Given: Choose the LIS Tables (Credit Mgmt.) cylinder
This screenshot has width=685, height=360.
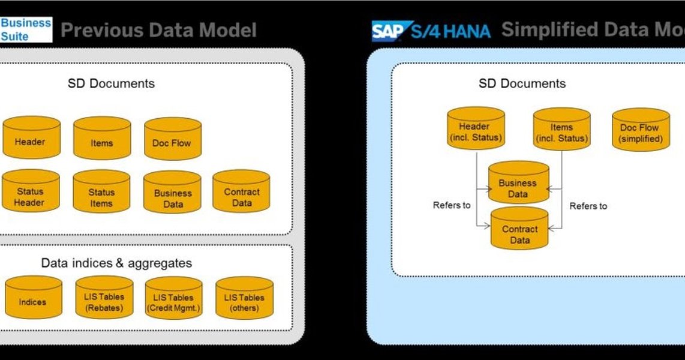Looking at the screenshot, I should click(x=174, y=298).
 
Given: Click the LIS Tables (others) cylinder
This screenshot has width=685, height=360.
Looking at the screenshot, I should click(x=244, y=298).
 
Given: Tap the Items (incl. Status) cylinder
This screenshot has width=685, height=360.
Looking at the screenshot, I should click(x=561, y=130).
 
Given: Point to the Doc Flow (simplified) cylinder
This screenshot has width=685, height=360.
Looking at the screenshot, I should click(x=641, y=130).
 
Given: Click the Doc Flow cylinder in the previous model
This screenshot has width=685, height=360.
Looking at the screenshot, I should click(x=173, y=139).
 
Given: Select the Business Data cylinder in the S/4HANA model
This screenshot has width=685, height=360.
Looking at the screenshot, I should click(x=518, y=183).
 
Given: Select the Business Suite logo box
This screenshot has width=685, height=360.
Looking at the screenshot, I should click(x=26, y=29).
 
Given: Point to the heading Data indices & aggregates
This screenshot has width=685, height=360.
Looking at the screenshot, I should click(x=116, y=263).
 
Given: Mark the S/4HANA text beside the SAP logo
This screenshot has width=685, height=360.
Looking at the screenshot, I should click(x=451, y=31).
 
